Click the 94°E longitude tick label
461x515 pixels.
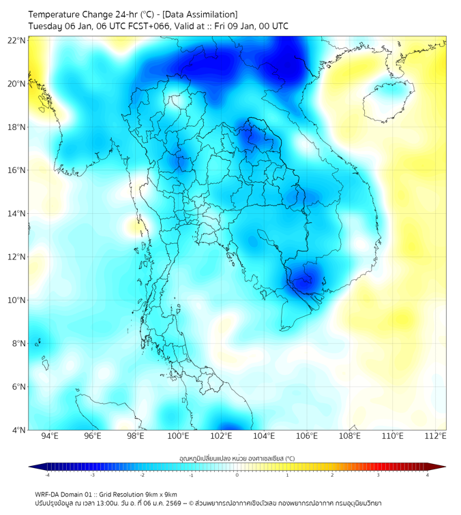click(x=50, y=437)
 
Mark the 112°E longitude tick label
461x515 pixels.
click(x=436, y=437)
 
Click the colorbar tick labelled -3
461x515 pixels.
click(x=92, y=475)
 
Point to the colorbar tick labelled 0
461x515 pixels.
click(x=237, y=475)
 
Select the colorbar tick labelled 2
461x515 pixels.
click(x=332, y=475)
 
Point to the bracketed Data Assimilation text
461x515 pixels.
click(x=199, y=14)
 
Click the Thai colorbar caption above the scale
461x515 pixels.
click(x=237, y=458)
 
